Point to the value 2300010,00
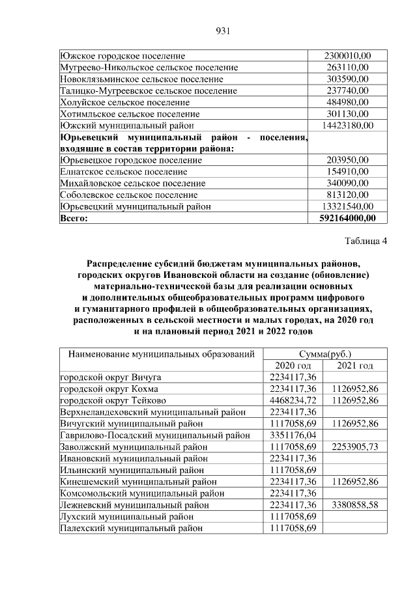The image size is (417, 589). click(x=348, y=56)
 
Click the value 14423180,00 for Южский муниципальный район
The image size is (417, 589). click(x=348, y=125)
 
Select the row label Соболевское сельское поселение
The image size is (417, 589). click(x=128, y=195)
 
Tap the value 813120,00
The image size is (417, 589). click(x=348, y=195)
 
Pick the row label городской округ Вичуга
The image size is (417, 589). click(x=111, y=377)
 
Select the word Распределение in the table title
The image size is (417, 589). click(x=124, y=264)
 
